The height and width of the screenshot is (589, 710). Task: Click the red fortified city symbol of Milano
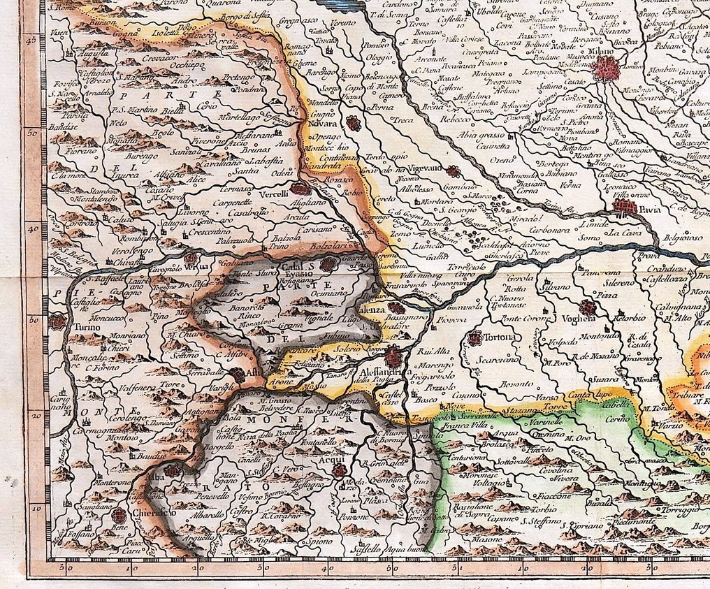[605, 68]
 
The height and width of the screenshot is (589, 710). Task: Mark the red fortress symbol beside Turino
[57, 322]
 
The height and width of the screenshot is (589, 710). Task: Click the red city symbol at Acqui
[339, 470]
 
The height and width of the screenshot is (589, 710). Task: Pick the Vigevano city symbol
[454, 170]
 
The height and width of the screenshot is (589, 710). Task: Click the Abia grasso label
[482, 136]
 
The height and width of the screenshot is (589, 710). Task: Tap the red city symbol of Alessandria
[393, 358]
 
